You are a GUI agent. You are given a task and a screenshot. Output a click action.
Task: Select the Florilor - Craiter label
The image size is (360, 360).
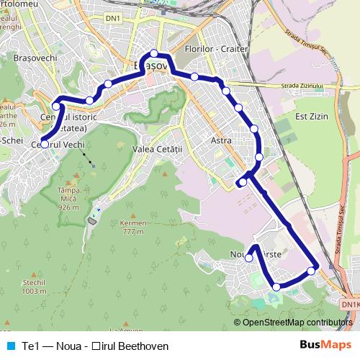[x=216, y=49]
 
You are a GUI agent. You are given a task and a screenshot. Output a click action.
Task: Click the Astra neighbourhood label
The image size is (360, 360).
[x=222, y=141]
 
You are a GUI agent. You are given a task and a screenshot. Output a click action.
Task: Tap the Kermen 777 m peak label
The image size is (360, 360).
[x=133, y=227]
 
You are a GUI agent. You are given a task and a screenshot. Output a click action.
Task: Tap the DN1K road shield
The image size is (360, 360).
[x=351, y=305]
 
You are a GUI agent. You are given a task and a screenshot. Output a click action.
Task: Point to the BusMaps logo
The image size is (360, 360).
[x=323, y=346]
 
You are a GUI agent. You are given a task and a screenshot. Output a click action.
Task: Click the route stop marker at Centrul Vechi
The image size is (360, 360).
[x=45, y=144]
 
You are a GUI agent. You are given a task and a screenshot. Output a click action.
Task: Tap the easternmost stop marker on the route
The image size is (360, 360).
[x=311, y=271]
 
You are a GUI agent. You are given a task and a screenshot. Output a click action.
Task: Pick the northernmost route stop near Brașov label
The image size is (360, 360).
[x=154, y=53]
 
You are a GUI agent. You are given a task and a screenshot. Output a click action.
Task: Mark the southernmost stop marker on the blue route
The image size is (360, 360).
[x=276, y=287]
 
